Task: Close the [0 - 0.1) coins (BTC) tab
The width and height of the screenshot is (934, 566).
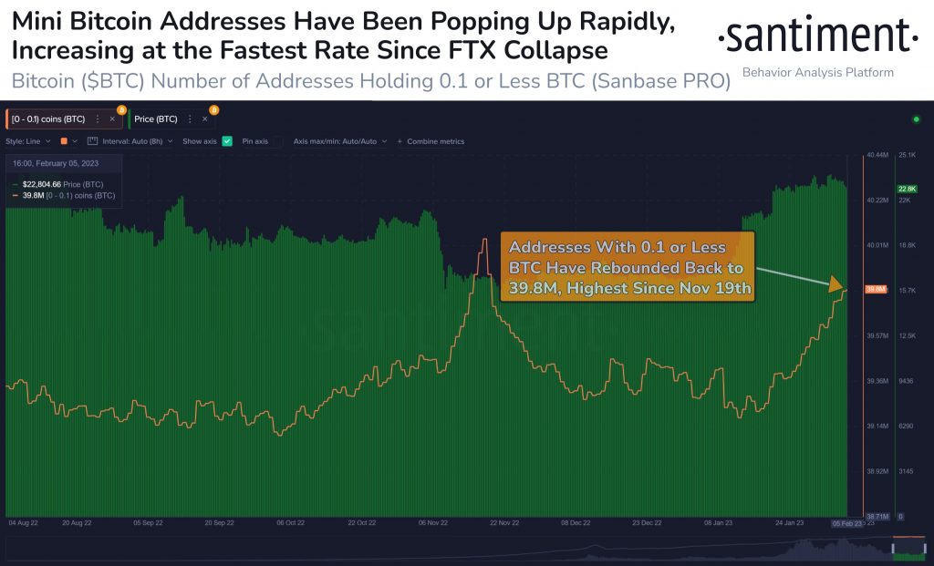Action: pos(112,118)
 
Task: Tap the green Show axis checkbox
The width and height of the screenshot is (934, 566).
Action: pos(227,141)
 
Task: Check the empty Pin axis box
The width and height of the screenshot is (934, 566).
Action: pos(276,141)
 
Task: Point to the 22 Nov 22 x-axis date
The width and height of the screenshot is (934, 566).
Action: pos(503,523)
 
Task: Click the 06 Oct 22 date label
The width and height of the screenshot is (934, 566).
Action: pos(290,523)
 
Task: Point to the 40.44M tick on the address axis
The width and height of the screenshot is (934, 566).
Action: pos(877,156)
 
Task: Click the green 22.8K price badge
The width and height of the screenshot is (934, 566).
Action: pos(907,189)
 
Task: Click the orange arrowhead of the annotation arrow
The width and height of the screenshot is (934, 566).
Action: pos(836,284)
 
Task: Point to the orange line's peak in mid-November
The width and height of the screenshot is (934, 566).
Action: pos(485,239)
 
